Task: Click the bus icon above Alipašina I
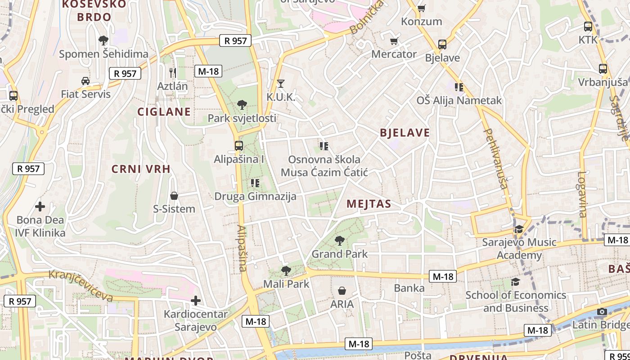(238, 146)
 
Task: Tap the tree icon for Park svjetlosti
(242, 105)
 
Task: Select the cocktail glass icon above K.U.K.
(281, 84)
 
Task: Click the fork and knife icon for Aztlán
(172, 72)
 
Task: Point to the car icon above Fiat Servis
(85, 81)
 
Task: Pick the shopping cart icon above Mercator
(394, 41)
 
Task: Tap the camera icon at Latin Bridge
(602, 311)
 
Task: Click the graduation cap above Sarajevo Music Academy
(519, 229)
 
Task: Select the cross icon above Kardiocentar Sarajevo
(196, 300)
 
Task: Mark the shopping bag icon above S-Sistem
(174, 196)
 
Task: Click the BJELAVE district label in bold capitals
(405, 133)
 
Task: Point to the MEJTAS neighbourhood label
(369, 204)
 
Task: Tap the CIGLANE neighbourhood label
(164, 112)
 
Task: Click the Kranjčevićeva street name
(81, 285)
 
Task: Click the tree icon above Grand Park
(340, 241)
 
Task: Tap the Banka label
(409, 288)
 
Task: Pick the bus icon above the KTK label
(588, 27)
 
